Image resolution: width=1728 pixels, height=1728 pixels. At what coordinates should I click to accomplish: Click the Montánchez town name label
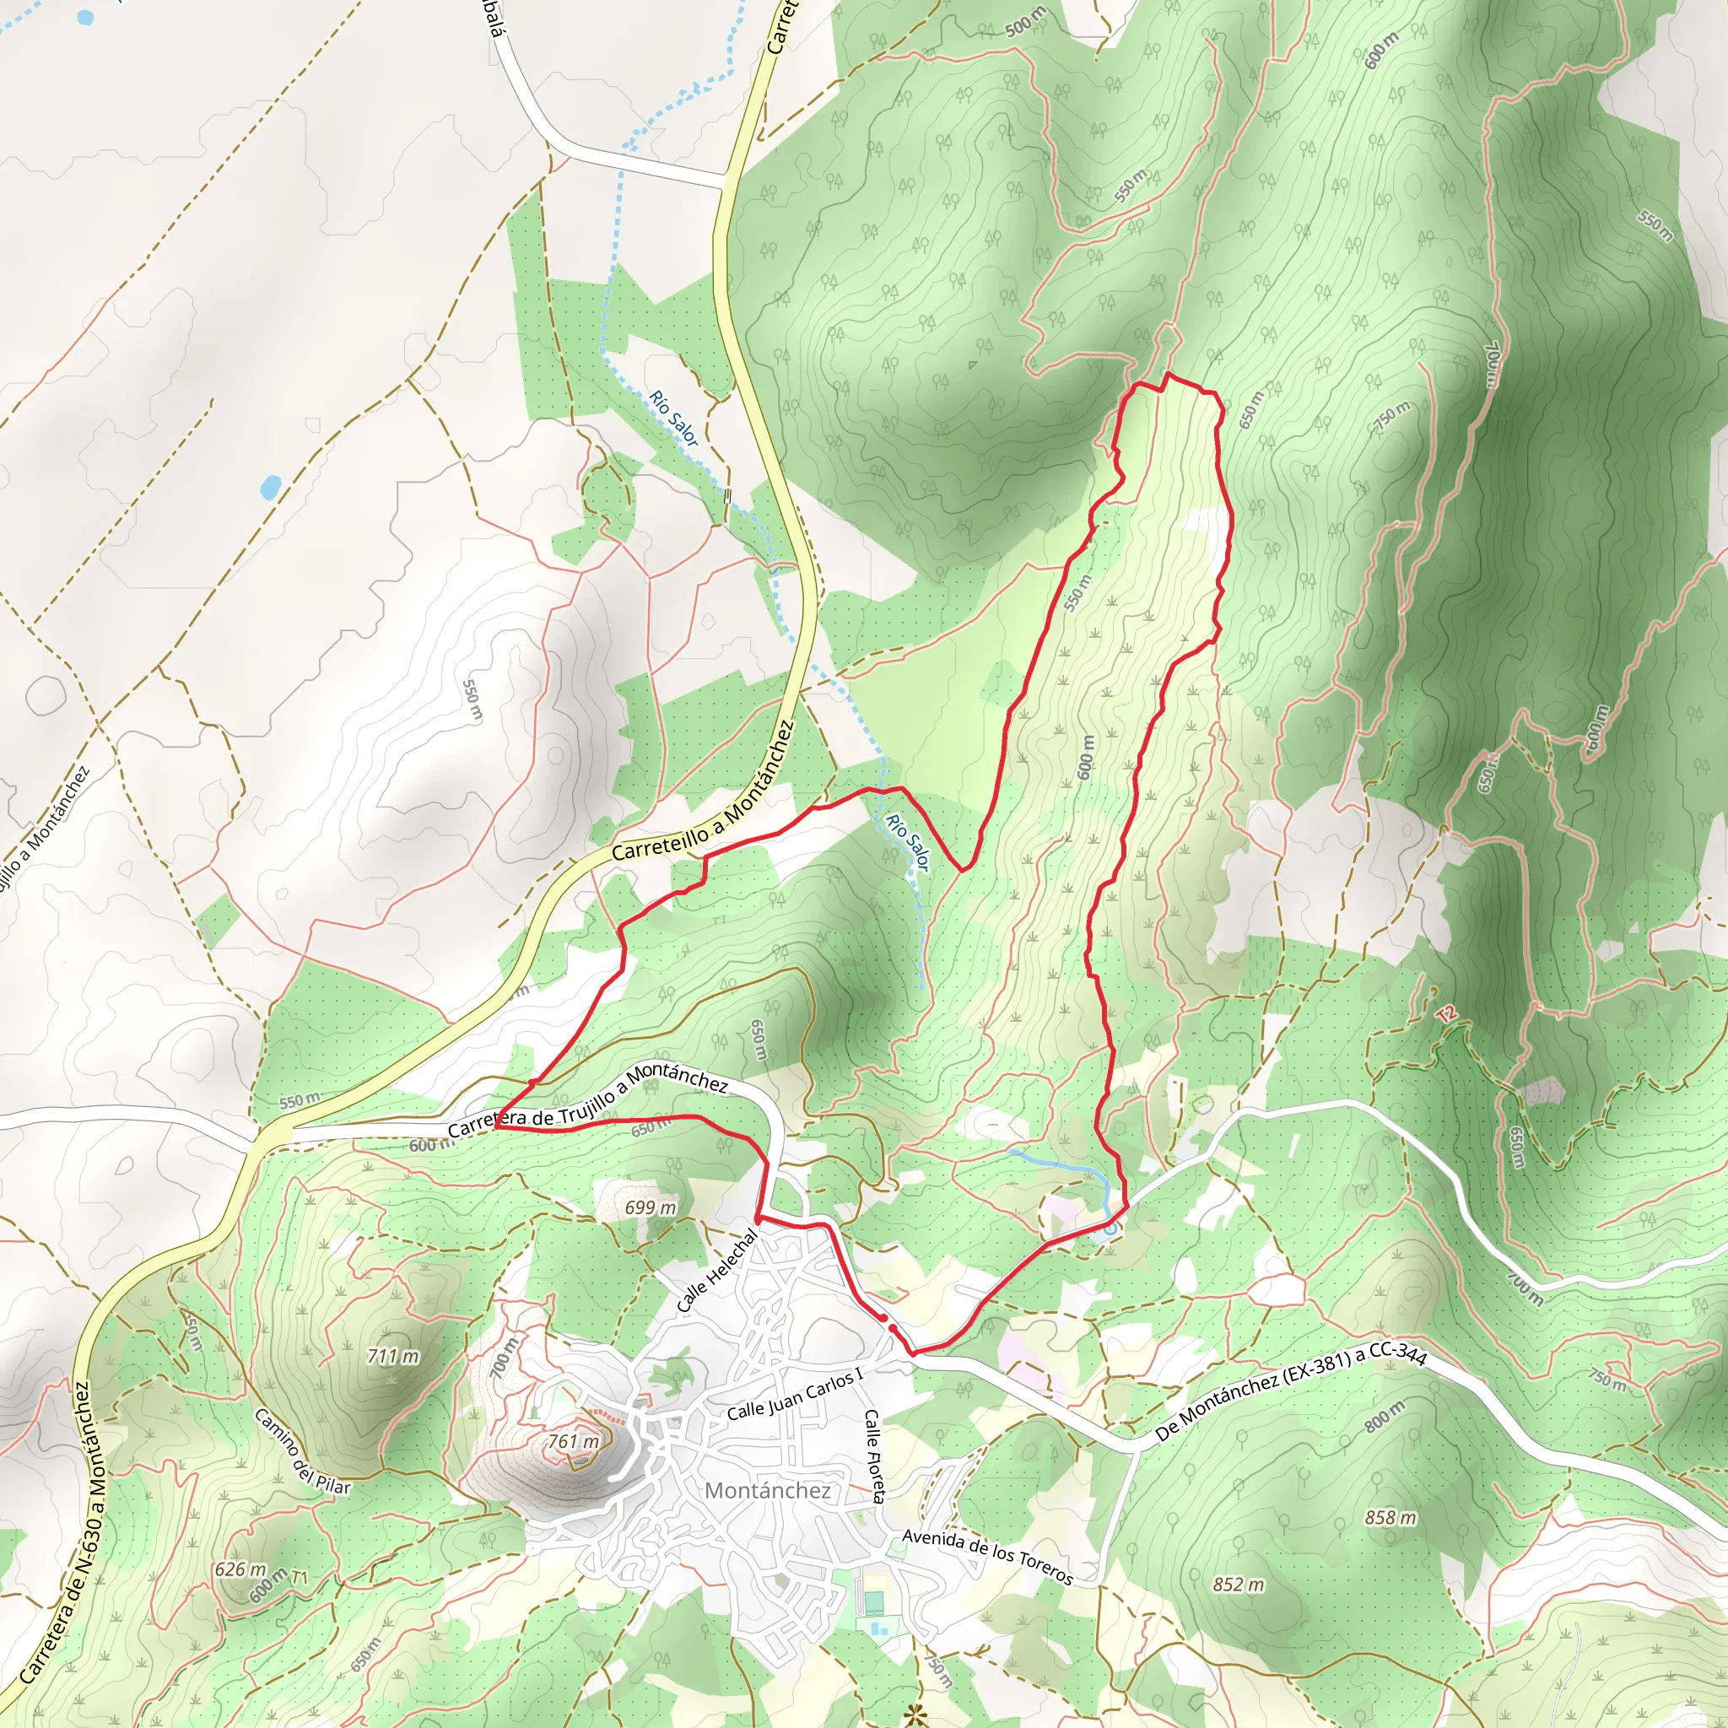(x=768, y=1490)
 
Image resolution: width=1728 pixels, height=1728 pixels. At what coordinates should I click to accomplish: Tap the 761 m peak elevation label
(x=572, y=1441)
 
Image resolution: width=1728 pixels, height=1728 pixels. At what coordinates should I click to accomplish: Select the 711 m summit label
(x=392, y=1356)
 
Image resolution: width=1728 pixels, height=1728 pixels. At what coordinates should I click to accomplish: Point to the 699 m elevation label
(x=651, y=1207)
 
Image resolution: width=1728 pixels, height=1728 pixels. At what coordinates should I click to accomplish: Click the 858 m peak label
(x=1390, y=1517)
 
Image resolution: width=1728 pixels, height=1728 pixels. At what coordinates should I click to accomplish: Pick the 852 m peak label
(x=1239, y=1584)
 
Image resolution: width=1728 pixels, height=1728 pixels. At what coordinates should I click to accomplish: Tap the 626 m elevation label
(x=240, y=1569)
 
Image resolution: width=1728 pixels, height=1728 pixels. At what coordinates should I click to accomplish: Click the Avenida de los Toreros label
(x=987, y=1556)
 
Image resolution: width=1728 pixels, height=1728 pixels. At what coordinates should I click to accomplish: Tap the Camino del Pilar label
(x=302, y=1450)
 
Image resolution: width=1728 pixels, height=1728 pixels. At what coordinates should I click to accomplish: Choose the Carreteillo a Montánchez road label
(x=703, y=792)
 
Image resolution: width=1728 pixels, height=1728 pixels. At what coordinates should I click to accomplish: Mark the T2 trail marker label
(x=1446, y=1014)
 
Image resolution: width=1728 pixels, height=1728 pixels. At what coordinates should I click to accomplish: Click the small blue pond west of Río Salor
(x=269, y=488)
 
